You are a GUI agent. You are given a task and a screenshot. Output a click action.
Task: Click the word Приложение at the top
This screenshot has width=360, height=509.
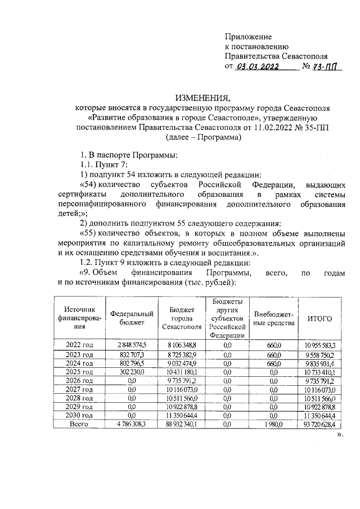click(248, 37)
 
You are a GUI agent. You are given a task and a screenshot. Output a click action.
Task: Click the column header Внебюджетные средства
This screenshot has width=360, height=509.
click(274, 318)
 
